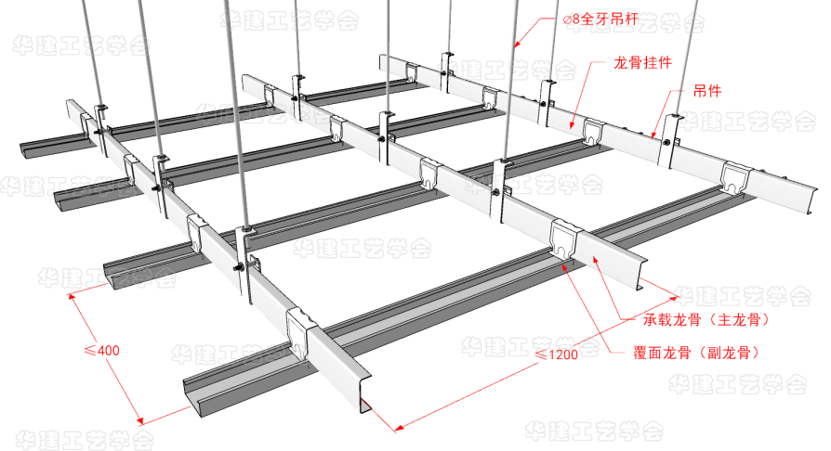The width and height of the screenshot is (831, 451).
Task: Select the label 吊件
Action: [x=708, y=92]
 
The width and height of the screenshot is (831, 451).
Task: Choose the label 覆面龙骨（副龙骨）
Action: [x=692, y=352]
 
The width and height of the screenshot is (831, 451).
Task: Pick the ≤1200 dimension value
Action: [x=555, y=355]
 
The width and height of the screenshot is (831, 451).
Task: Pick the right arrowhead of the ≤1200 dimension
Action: [x=676, y=299]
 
